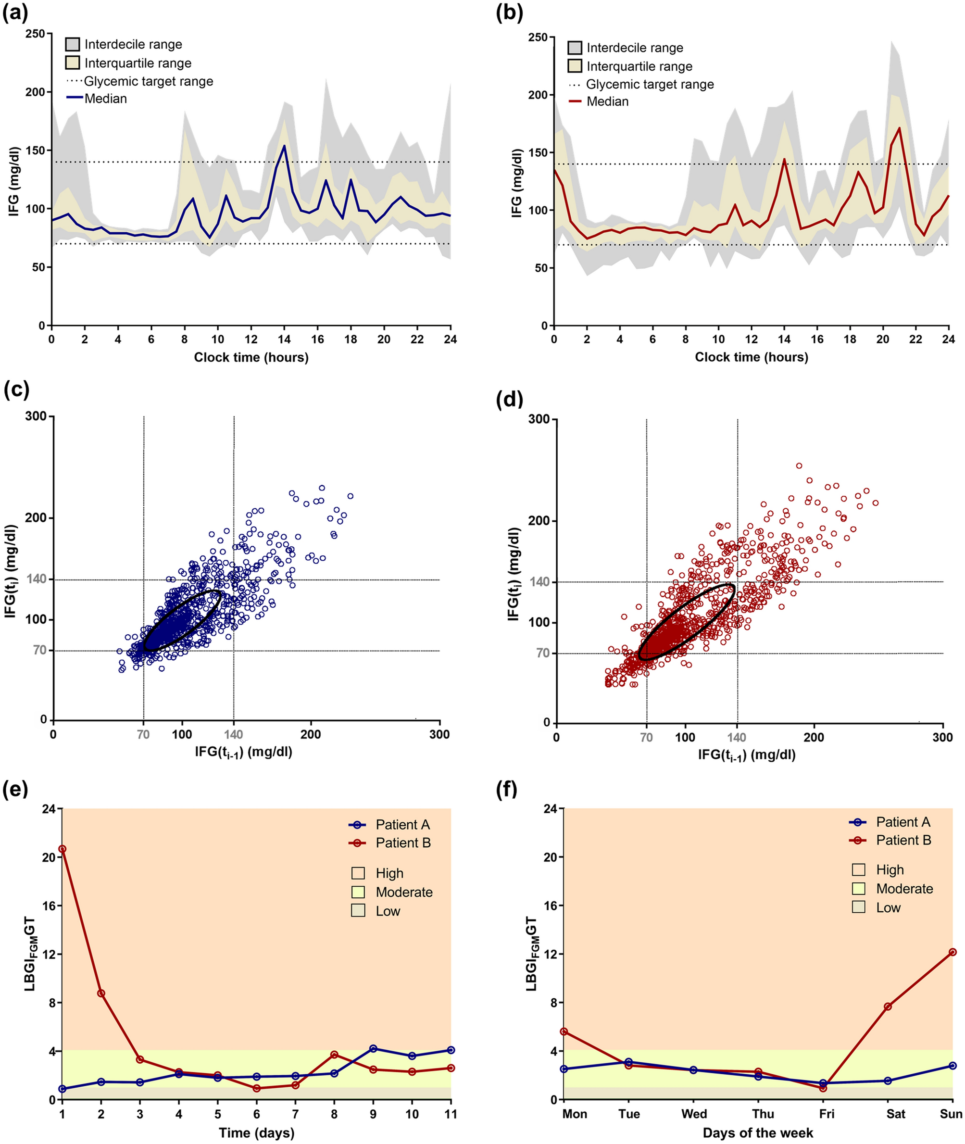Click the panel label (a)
coord(15,13)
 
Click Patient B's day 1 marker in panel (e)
coord(63,849)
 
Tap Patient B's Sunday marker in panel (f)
coord(952,953)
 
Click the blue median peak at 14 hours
coord(284,146)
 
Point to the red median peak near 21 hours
coord(899,128)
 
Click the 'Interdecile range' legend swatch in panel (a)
coord(73,44)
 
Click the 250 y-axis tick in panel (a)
coord(35,34)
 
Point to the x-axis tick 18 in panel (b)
coord(850,339)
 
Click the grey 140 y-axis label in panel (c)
coord(37,579)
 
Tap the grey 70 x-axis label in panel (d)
coord(646,737)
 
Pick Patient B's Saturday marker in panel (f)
coord(888,1006)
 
